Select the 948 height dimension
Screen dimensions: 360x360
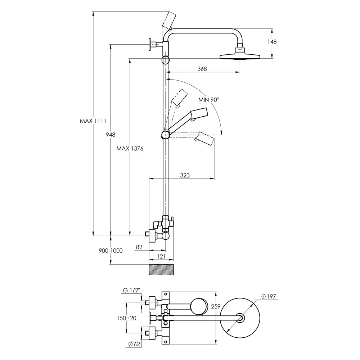point(111,135)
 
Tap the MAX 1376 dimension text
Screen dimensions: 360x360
point(130,148)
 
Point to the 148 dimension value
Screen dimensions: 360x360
point(272,42)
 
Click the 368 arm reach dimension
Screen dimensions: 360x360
point(202,69)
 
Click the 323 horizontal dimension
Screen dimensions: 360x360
point(185,175)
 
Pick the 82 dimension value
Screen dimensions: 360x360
point(140,247)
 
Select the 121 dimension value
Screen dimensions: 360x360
point(161,256)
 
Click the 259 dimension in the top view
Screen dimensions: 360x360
point(215,306)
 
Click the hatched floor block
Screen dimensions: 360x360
point(161,270)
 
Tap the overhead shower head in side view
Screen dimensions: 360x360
point(240,55)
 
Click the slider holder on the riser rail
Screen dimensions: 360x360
point(165,135)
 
